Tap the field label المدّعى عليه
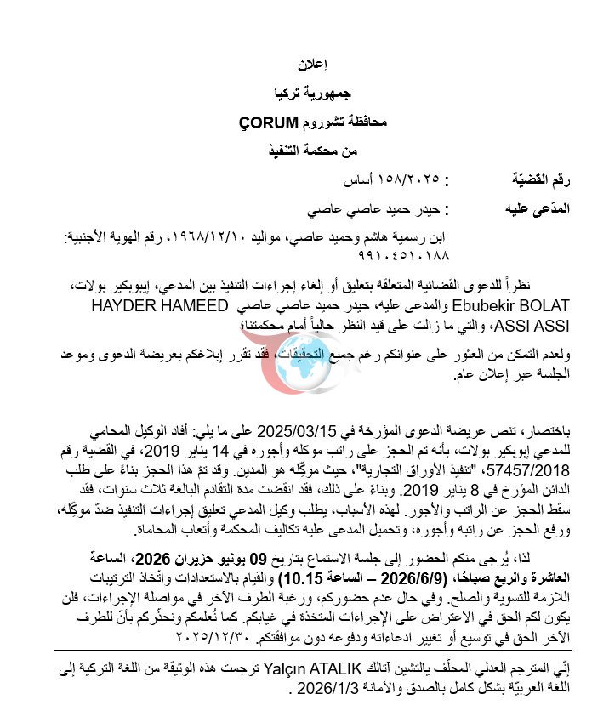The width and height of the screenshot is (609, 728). coord(526,208)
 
